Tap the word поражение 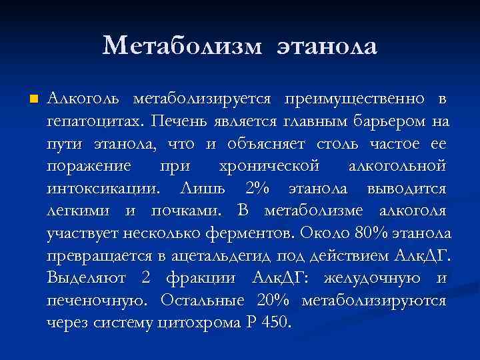click(x=89, y=166)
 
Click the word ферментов click(x=256, y=233)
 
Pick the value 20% click(x=275, y=300)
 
